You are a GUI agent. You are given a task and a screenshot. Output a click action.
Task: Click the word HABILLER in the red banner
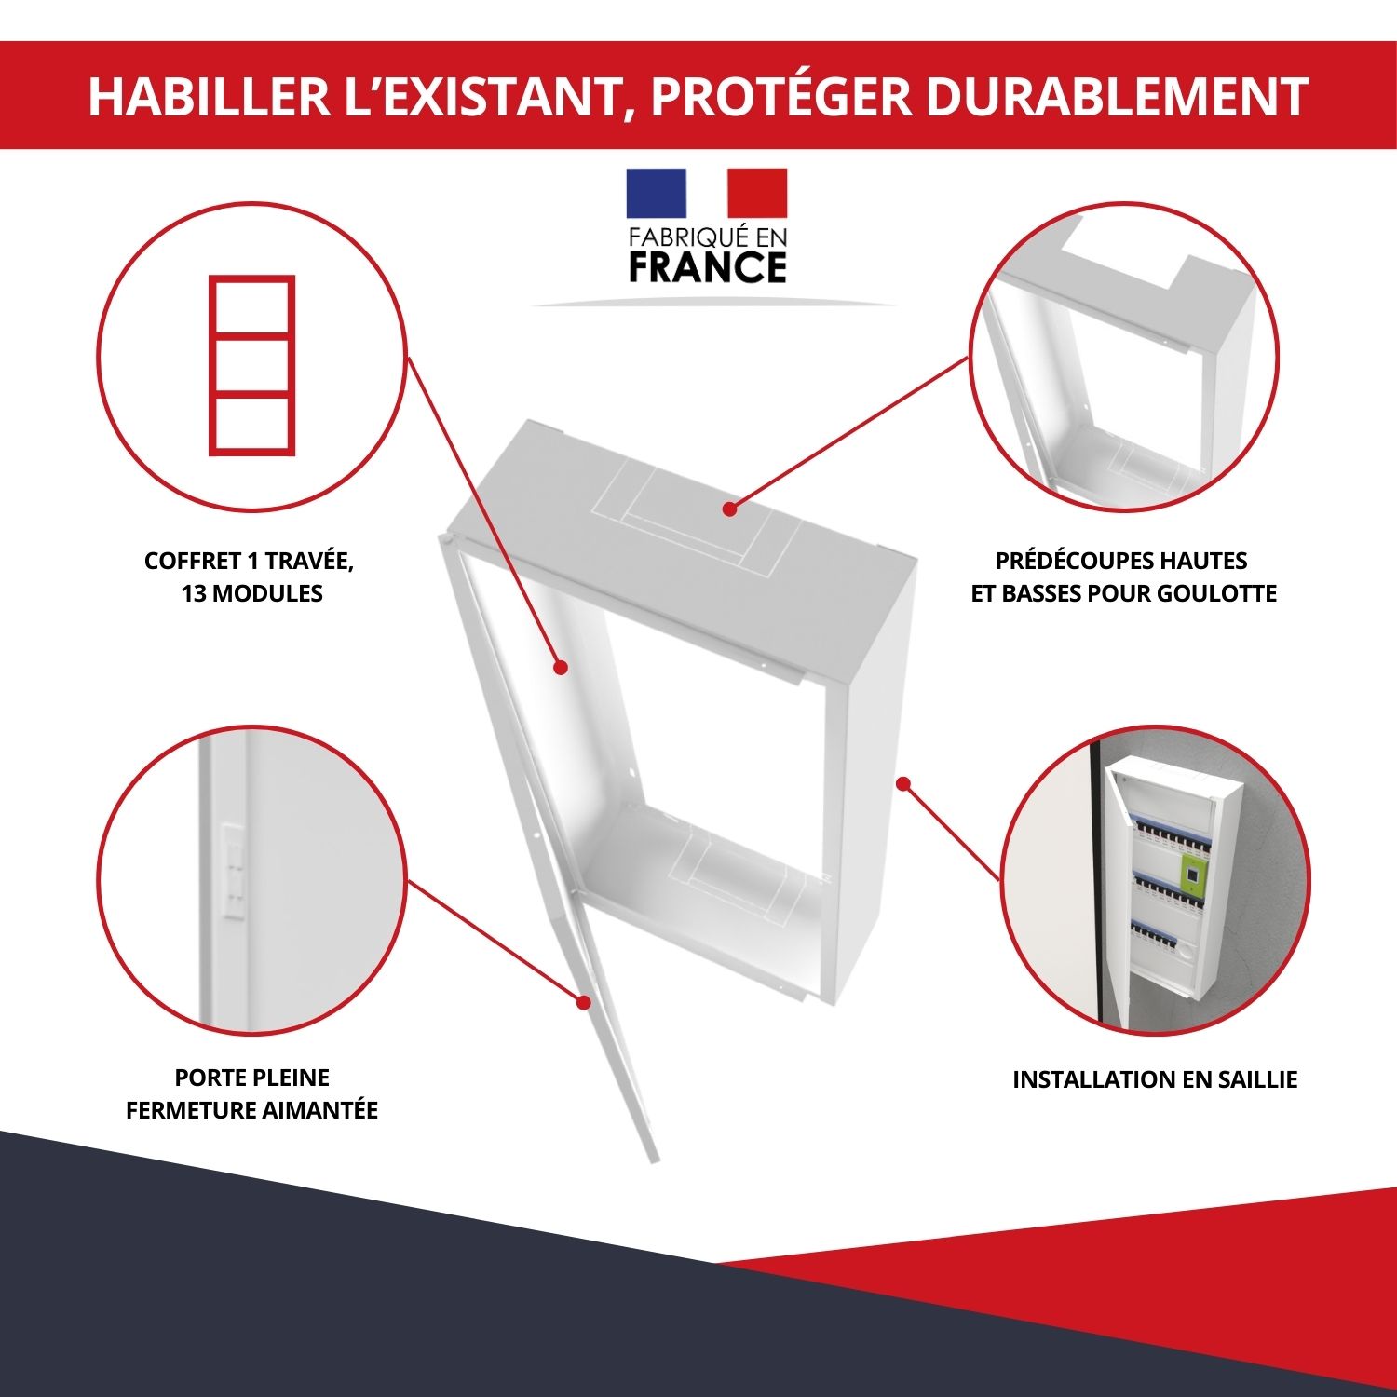[210, 96]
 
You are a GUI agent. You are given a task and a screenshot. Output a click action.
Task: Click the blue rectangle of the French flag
[656, 193]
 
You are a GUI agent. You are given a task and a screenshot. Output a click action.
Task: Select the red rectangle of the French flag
[757, 193]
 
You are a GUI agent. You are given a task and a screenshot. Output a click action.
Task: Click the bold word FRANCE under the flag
[708, 267]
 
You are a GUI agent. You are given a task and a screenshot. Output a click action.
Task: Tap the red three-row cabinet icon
[251, 365]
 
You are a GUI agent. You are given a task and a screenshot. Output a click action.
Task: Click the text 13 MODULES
[251, 593]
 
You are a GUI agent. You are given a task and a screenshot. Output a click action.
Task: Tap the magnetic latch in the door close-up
[232, 871]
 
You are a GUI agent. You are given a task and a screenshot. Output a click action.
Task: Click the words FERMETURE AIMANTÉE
[251, 1110]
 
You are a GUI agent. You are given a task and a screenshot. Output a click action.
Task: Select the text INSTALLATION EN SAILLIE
[1155, 1079]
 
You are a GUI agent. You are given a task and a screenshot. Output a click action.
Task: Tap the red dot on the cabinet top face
[729, 509]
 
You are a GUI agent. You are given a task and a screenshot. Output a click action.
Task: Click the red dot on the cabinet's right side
[902, 784]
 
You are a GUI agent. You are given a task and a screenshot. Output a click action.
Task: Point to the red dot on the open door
[584, 1003]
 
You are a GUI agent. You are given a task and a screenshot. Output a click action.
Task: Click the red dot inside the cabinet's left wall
[561, 667]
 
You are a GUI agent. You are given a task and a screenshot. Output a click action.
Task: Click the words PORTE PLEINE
[251, 1078]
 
